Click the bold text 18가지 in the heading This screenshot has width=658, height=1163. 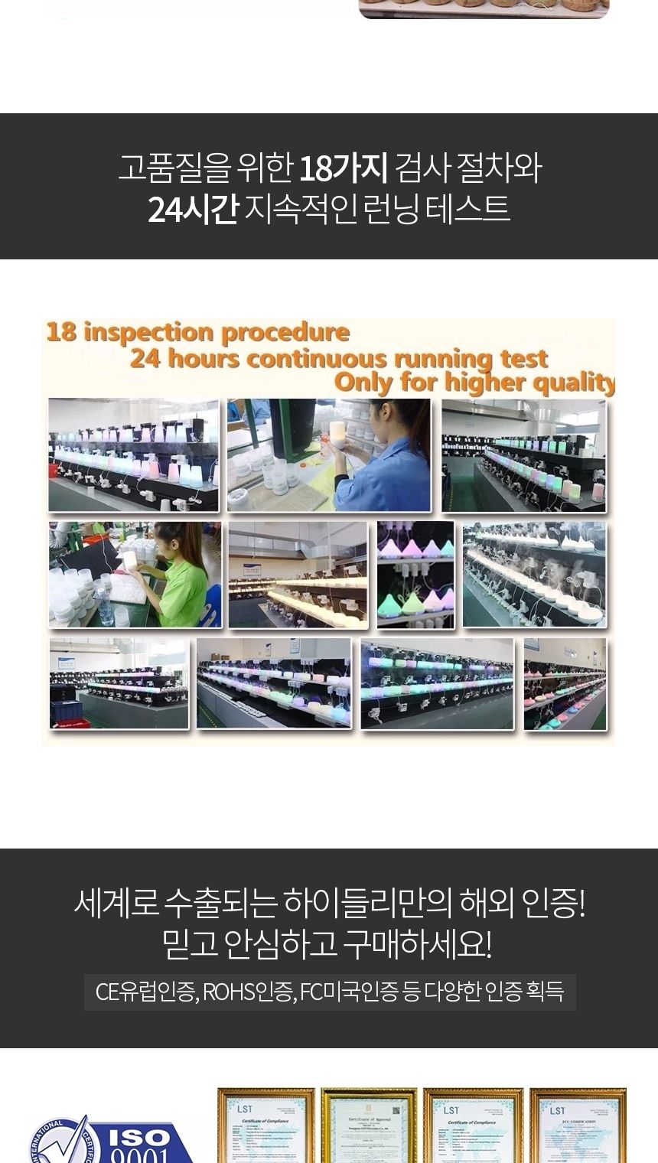tap(343, 168)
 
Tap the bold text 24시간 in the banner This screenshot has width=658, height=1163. tap(193, 209)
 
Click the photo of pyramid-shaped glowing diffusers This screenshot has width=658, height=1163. tap(415, 575)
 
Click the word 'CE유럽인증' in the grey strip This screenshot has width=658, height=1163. tap(146, 992)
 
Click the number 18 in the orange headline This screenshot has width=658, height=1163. tap(61, 333)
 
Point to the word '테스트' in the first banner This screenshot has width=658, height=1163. tap(475, 209)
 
